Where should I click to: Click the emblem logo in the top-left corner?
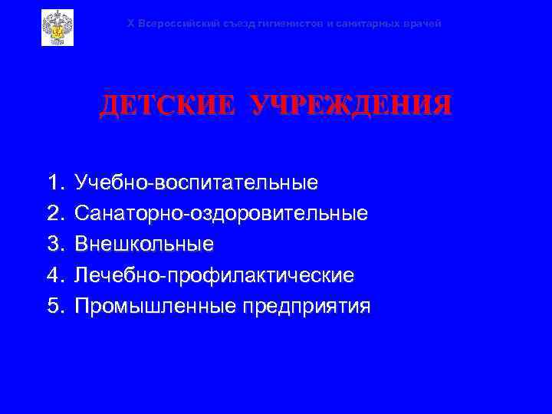(x=57, y=28)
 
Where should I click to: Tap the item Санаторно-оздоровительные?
(x=221, y=213)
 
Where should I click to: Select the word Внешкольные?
(x=143, y=244)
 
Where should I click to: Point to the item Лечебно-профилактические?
(x=214, y=274)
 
